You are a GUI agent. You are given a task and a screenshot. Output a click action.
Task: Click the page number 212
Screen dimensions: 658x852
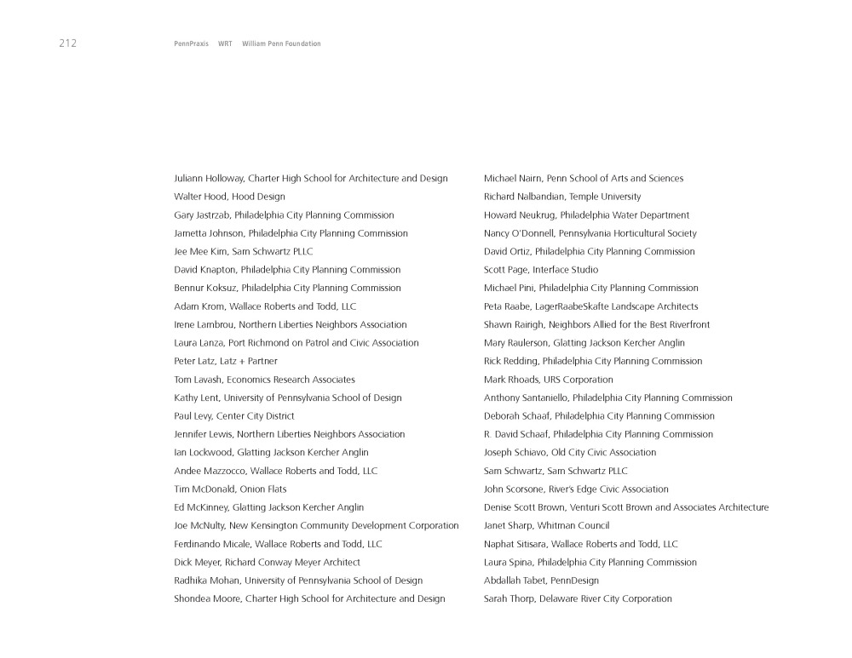pyautogui.click(x=68, y=43)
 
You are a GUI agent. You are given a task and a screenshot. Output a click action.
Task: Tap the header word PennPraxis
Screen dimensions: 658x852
pyautogui.click(x=191, y=43)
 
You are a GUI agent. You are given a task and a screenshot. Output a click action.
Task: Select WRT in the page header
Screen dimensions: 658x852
pyautogui.click(x=225, y=43)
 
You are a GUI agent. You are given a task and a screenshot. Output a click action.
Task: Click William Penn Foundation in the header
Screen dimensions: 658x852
pyautogui.click(x=281, y=43)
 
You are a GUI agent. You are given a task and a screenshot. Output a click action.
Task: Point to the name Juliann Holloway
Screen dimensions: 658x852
pyautogui.click(x=208, y=179)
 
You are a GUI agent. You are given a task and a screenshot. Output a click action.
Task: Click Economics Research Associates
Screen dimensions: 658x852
pyautogui.click(x=291, y=380)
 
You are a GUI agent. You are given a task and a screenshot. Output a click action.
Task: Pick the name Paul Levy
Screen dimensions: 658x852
pyautogui.click(x=192, y=416)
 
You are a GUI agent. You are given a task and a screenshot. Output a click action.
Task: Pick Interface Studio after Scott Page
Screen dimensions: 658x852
pyautogui.click(x=565, y=270)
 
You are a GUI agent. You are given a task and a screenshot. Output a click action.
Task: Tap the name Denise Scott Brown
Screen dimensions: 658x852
pyautogui.click(x=528, y=507)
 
